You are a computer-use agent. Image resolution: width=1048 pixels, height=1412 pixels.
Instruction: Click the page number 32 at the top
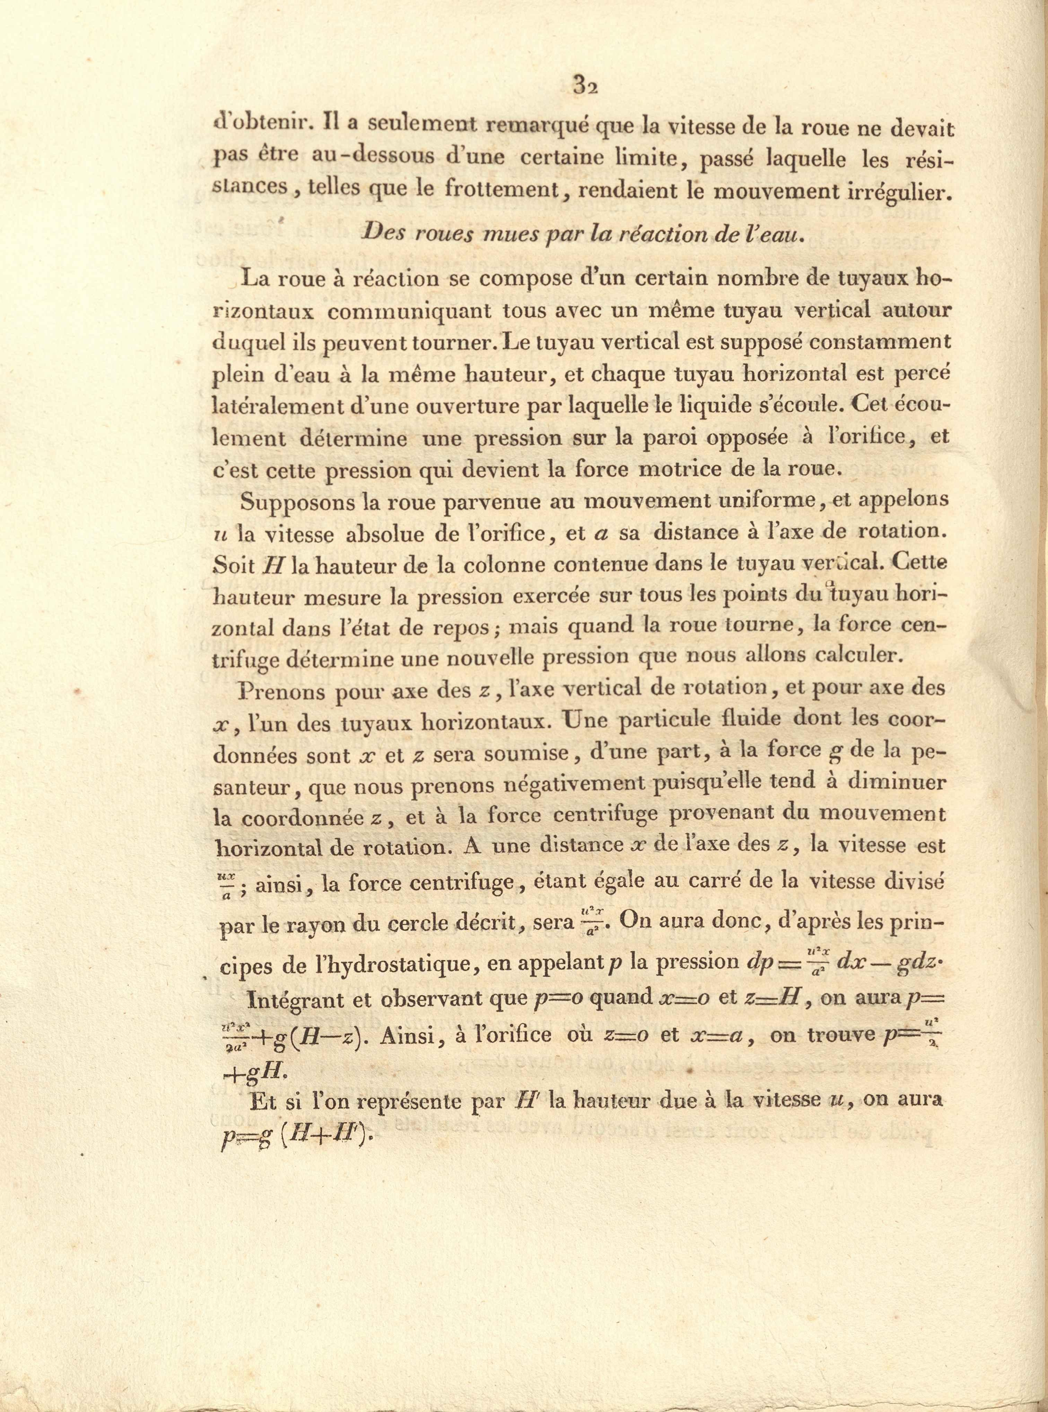click(586, 84)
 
